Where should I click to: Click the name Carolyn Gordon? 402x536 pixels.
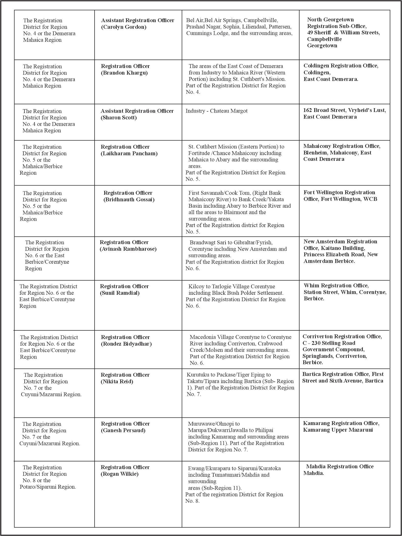(124, 27)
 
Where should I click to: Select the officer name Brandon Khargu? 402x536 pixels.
(124, 73)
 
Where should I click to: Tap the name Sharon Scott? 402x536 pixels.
(119, 118)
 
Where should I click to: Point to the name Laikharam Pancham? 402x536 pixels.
(129, 154)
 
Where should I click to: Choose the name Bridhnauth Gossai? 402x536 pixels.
(129, 200)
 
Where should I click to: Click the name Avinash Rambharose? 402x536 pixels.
(128, 249)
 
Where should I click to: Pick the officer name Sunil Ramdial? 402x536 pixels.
(120, 293)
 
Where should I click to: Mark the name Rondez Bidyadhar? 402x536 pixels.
(126, 344)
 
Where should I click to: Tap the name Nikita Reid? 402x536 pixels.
(117, 382)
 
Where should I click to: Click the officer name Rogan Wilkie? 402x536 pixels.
(120, 474)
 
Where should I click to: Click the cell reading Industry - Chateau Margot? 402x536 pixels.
(216, 111)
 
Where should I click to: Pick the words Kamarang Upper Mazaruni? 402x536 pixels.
(338, 430)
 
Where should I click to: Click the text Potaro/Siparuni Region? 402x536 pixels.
(48, 487)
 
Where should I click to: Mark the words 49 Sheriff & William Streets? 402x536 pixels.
(343, 33)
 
